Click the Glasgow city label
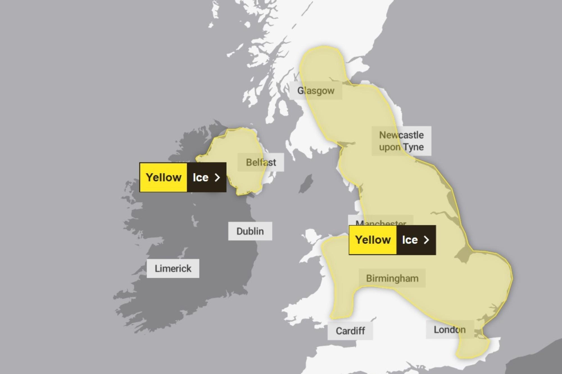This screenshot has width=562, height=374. [316, 91]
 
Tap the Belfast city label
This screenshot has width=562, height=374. [261, 162]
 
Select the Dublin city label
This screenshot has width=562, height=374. [250, 231]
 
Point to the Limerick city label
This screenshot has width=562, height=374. [173, 268]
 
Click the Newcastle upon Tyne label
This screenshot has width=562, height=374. [401, 141]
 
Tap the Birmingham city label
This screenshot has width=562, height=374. [392, 278]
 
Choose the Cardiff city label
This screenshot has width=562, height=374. [350, 331]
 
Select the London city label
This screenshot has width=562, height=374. [450, 330]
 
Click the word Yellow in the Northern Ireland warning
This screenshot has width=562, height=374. [164, 177]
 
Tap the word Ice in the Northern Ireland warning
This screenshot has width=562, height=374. [200, 177]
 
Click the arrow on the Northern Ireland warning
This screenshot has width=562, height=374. [217, 177]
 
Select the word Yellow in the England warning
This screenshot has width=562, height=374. [373, 240]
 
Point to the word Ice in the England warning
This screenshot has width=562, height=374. [410, 240]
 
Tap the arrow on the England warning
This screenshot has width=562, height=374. [427, 240]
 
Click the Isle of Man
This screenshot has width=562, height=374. [306, 184]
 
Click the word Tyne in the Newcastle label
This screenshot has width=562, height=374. [413, 147]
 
